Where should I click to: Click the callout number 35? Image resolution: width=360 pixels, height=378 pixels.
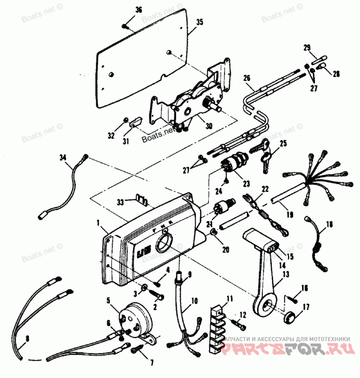click(x=199, y=22)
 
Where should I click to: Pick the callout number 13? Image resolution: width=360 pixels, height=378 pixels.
click(x=286, y=274)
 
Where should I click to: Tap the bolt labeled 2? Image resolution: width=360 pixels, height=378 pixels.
click(x=158, y=297)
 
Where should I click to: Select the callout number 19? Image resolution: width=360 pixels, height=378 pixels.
click(x=289, y=215)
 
